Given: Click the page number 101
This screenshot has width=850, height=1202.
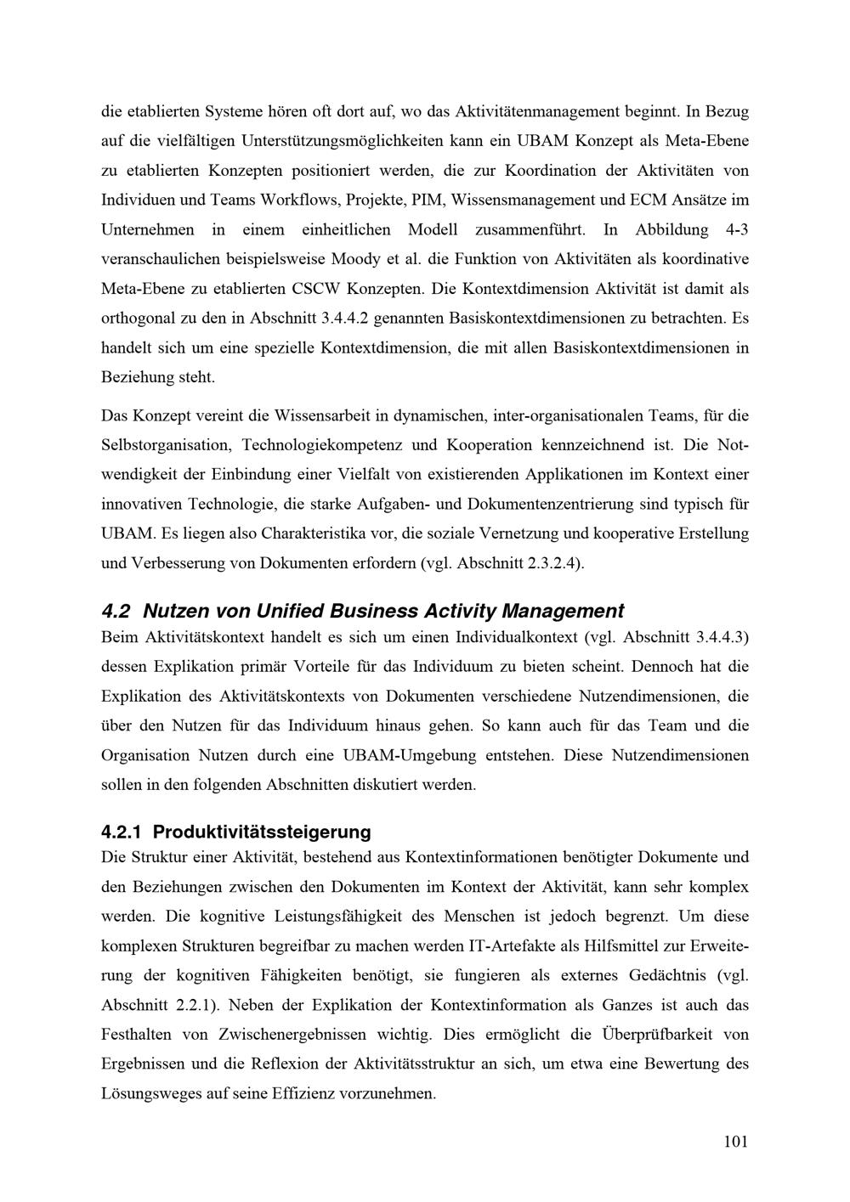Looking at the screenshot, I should point(735,1142).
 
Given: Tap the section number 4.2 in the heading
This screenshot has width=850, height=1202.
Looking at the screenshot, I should point(115,611).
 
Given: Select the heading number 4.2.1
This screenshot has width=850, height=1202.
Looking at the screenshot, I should point(122,831).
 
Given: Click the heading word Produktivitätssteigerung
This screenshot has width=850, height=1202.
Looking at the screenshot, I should point(262,831).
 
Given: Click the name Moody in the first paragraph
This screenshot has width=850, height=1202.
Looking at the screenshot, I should point(355,259).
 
